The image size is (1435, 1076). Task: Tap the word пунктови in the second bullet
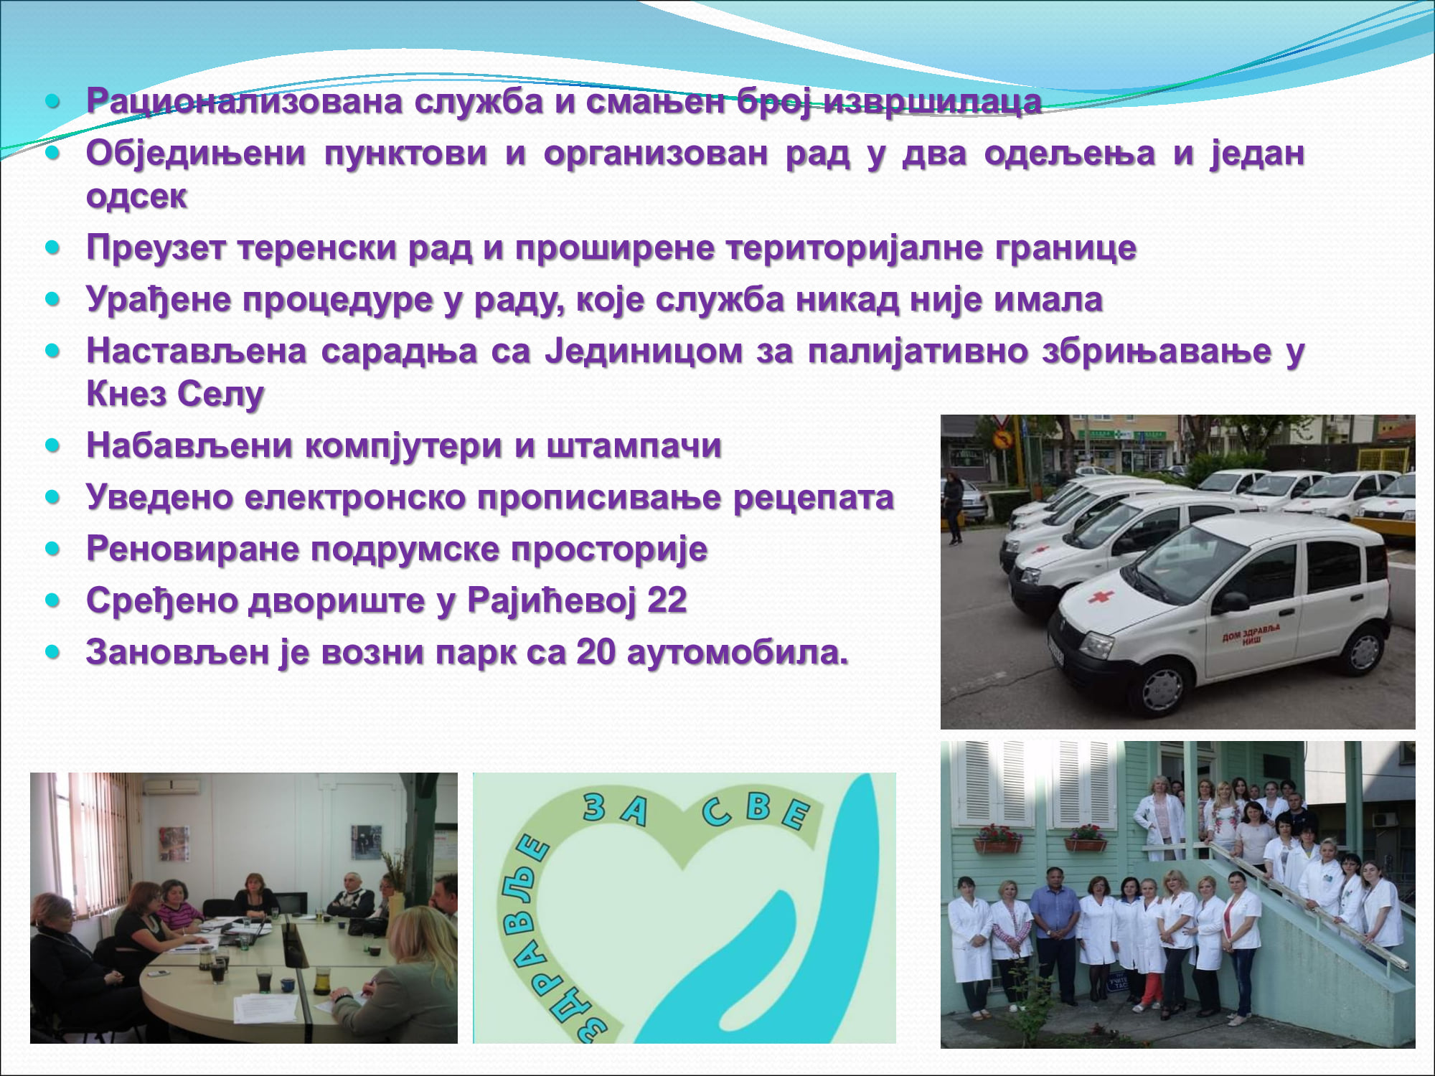405,154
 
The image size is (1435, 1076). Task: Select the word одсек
136,196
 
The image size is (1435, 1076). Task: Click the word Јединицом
644,351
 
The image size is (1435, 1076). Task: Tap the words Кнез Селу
175,395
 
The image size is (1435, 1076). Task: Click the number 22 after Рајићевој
667,600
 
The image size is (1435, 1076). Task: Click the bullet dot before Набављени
52,445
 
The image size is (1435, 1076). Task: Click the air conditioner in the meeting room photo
172,785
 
